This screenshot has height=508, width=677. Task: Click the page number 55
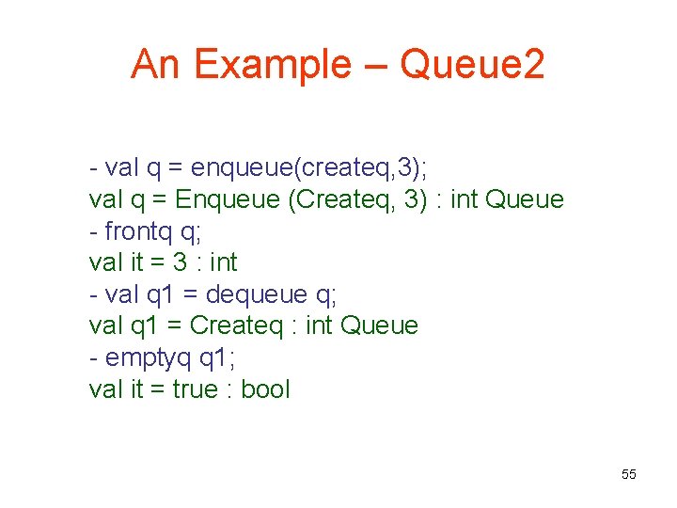(629, 474)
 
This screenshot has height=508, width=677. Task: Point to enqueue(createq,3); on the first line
(308, 167)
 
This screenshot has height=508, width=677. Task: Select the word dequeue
(256, 294)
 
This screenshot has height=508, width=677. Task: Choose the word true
(195, 389)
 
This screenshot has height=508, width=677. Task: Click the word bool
(266, 389)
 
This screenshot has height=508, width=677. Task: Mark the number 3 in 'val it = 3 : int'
(180, 262)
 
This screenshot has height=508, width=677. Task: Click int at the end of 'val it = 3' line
(223, 262)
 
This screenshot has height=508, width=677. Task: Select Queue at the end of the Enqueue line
(527, 199)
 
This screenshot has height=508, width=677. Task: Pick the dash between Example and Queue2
(374, 65)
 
